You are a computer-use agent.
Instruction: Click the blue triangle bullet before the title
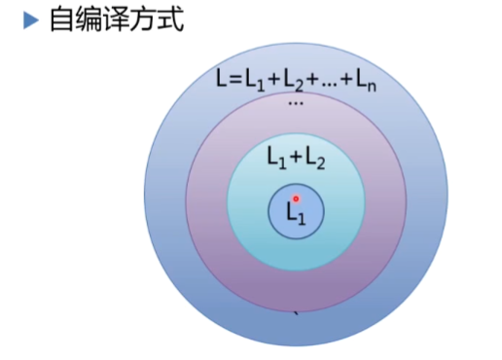[30, 19]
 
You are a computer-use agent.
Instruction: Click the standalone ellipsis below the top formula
[296, 103]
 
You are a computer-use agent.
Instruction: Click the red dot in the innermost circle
[297, 198]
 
